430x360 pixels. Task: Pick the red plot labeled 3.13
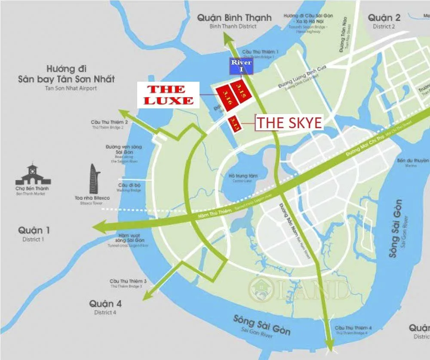(234, 123)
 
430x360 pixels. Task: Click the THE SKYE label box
(289, 123)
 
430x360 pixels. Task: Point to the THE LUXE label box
(168, 95)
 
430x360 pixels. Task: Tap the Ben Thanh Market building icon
(32, 175)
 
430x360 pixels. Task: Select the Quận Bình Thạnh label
(234, 18)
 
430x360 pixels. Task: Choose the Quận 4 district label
(105, 304)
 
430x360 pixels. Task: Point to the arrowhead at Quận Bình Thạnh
(226, 39)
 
